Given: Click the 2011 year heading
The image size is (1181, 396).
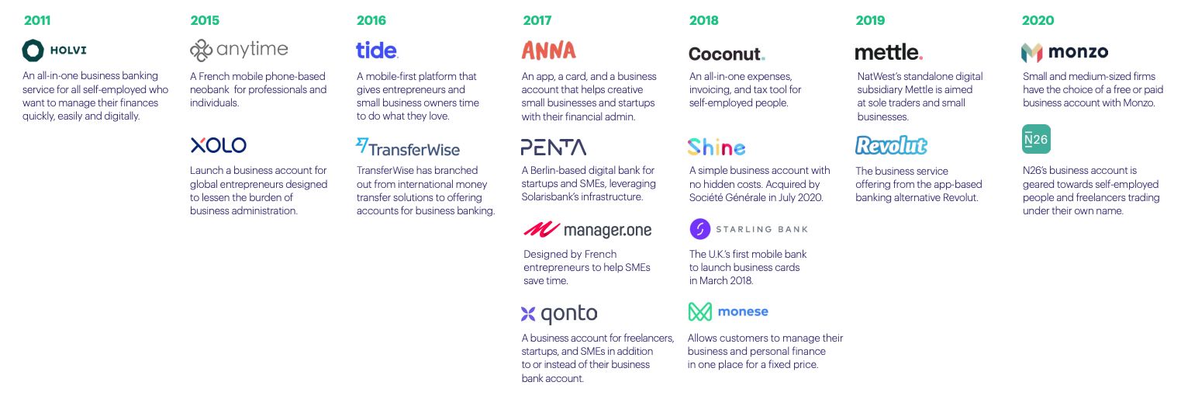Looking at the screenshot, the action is click(x=37, y=21).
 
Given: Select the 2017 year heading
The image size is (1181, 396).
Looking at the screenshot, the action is click(x=537, y=21).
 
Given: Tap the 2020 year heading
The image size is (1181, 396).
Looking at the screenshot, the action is click(x=1038, y=21).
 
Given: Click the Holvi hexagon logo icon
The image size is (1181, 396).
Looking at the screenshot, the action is click(x=33, y=50).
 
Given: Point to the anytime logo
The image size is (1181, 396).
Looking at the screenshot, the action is click(x=239, y=50).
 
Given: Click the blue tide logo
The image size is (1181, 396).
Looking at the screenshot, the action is click(x=377, y=50).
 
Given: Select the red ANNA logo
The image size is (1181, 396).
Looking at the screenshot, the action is click(x=549, y=50).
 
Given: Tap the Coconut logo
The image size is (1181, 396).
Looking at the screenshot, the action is click(x=727, y=54).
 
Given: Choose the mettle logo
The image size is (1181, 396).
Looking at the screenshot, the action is click(x=889, y=52).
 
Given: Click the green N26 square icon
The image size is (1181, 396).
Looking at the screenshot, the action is click(x=1036, y=140).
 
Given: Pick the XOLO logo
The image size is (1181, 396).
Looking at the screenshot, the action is click(x=218, y=145).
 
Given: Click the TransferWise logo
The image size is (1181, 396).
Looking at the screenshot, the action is click(x=408, y=148).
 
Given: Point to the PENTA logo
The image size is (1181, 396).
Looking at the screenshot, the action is click(x=553, y=148).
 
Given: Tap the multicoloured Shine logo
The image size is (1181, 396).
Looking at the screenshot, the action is click(x=717, y=147).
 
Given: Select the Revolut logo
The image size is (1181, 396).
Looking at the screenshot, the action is click(x=891, y=146).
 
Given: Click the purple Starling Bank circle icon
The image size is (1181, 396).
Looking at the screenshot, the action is click(x=700, y=229).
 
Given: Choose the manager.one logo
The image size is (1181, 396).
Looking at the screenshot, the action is click(x=587, y=230).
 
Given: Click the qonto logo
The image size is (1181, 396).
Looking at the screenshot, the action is click(x=559, y=314).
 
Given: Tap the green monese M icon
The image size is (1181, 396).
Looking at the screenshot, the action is click(x=699, y=312).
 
